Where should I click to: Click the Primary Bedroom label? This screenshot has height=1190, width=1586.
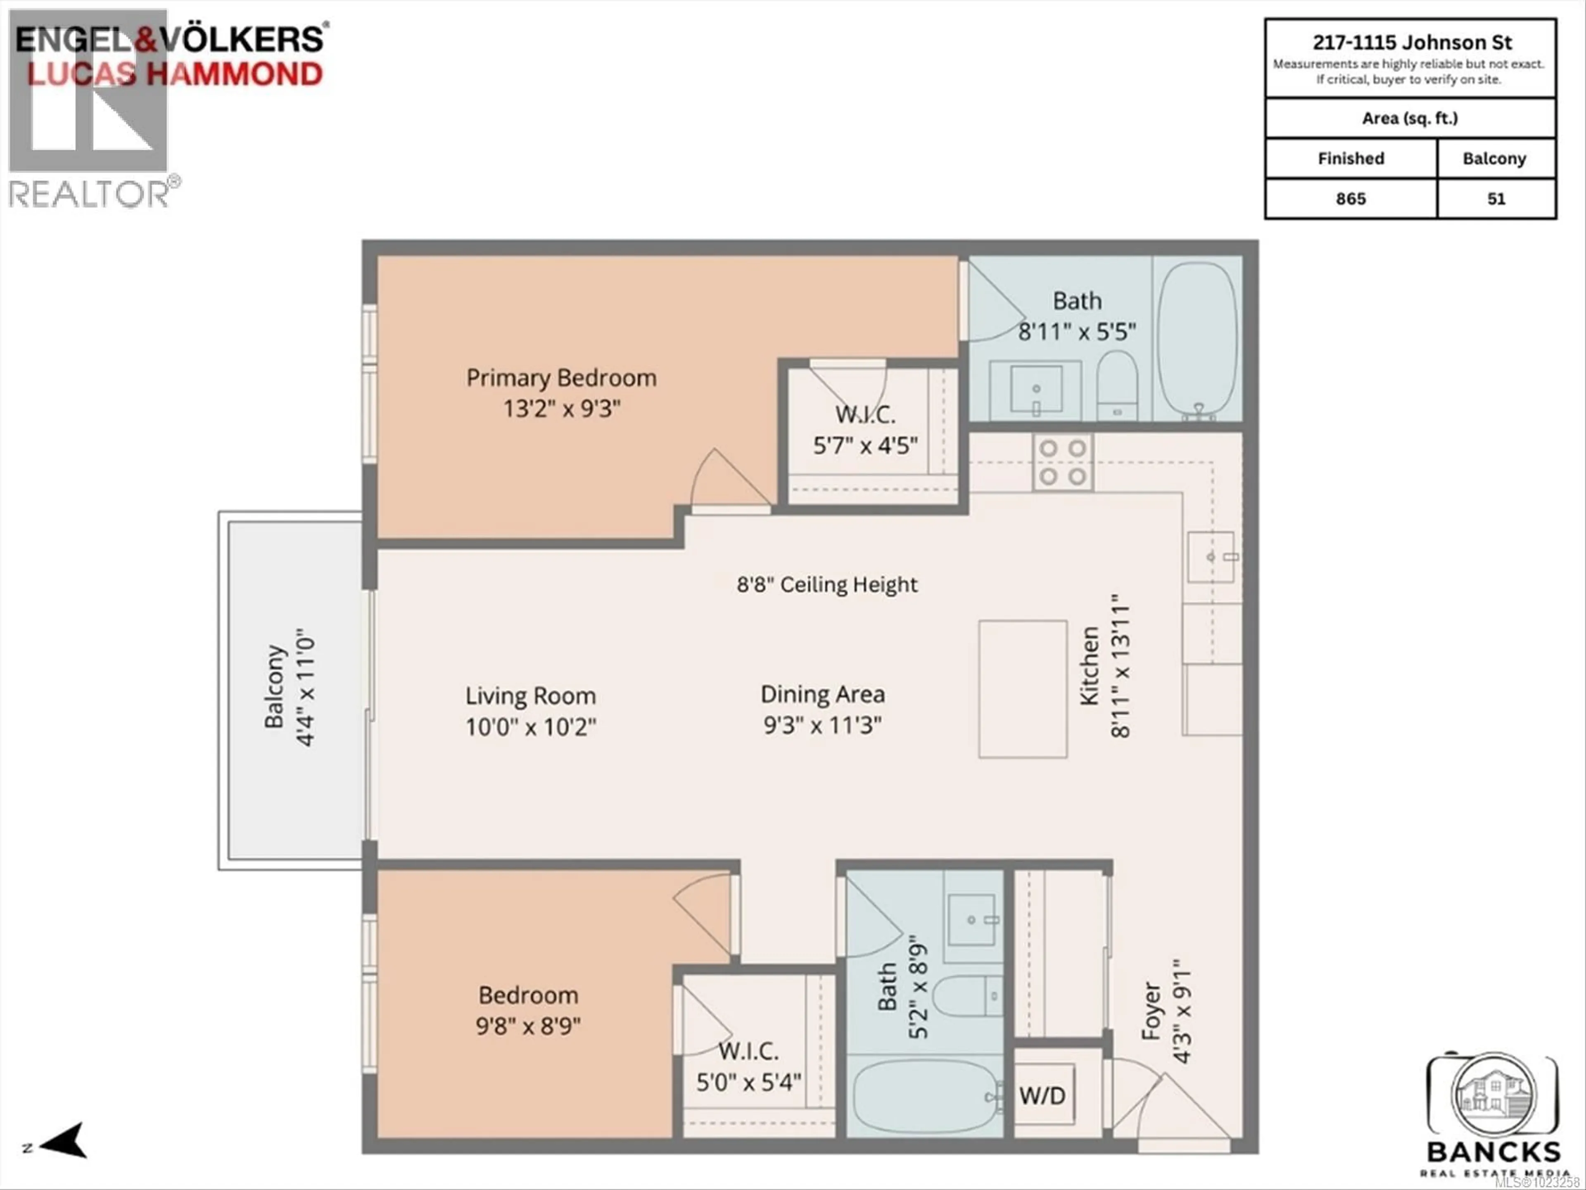[x=561, y=378]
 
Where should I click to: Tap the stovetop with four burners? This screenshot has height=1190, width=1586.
[x=1063, y=463]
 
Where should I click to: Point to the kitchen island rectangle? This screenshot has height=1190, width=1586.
[x=1023, y=689]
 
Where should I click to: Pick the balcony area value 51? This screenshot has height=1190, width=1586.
[x=1496, y=199]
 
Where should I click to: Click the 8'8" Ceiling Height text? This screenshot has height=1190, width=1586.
[x=827, y=585]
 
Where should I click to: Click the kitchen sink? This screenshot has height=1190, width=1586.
[x=1210, y=557]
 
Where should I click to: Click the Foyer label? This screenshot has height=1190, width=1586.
[x=1151, y=1011]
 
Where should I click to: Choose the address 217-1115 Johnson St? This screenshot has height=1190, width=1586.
[x=1412, y=42]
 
